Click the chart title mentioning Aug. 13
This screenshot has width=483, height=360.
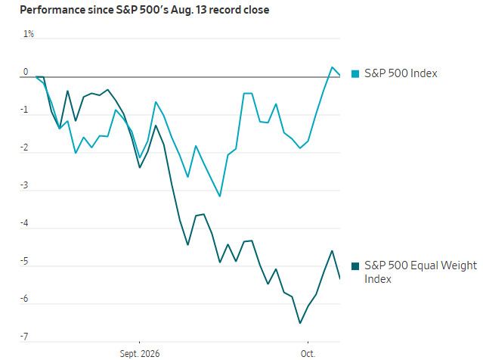pos(144,10)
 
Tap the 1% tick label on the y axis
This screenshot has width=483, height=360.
pos(29,34)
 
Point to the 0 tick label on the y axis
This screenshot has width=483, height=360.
pos(26,72)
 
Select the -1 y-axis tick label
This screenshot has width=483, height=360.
pos(24,110)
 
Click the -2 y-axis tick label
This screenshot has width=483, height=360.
pos(24,148)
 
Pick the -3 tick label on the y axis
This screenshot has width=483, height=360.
pos(24,185)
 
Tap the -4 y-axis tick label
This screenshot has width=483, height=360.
pos(24,223)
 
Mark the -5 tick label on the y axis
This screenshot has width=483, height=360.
pos(24,262)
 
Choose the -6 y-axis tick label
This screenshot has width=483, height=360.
pos(24,299)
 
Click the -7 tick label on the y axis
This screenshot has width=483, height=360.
pos(24,337)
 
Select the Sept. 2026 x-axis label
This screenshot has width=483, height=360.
pos(140,353)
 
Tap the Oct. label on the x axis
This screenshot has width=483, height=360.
pos(308,353)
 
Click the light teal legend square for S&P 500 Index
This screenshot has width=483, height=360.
pos(355,74)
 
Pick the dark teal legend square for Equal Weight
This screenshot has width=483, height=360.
pos(355,266)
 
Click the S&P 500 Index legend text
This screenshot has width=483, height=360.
pos(401,73)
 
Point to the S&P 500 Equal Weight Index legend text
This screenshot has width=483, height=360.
pos(420,272)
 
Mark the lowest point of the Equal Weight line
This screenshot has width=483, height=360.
pos(300,323)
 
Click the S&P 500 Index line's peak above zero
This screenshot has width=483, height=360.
pos(332,67)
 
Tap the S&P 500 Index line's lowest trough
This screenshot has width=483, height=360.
pos(220,196)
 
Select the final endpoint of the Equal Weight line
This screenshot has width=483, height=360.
pos(340,279)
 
